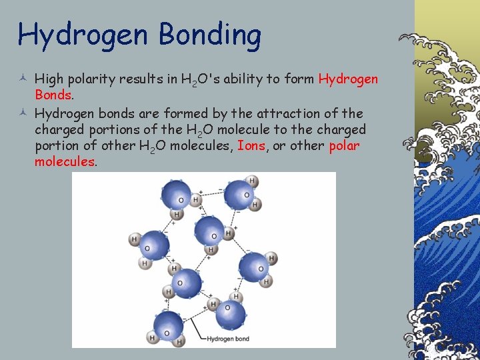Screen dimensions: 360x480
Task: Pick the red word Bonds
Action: coord(53,95)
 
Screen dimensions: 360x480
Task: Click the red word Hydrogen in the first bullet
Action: coord(348,79)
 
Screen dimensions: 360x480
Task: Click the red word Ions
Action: coord(253,145)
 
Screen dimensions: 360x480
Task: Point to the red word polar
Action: coord(344,145)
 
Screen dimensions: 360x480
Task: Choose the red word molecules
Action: coord(65,161)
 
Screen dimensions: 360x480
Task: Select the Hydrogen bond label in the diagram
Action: coord(227,339)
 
